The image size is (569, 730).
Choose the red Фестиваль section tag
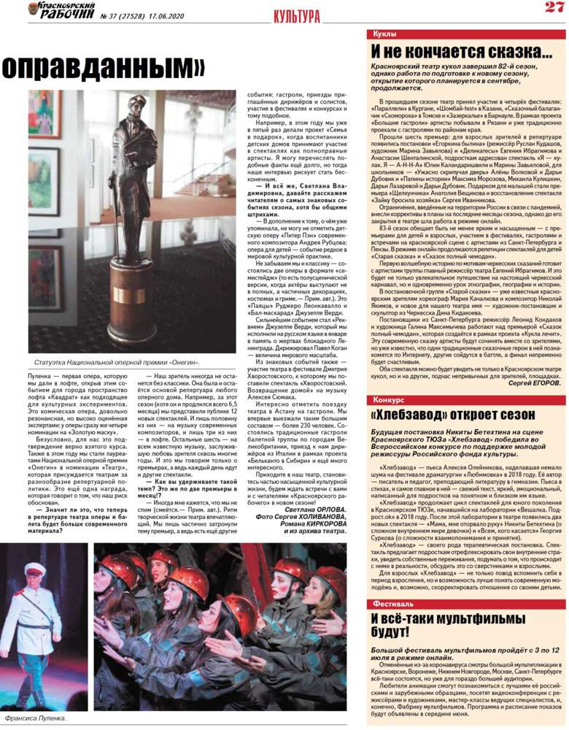tap(393, 604)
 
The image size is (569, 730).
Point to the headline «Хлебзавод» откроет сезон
tap(453, 415)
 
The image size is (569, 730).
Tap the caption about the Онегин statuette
tap(117, 363)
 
